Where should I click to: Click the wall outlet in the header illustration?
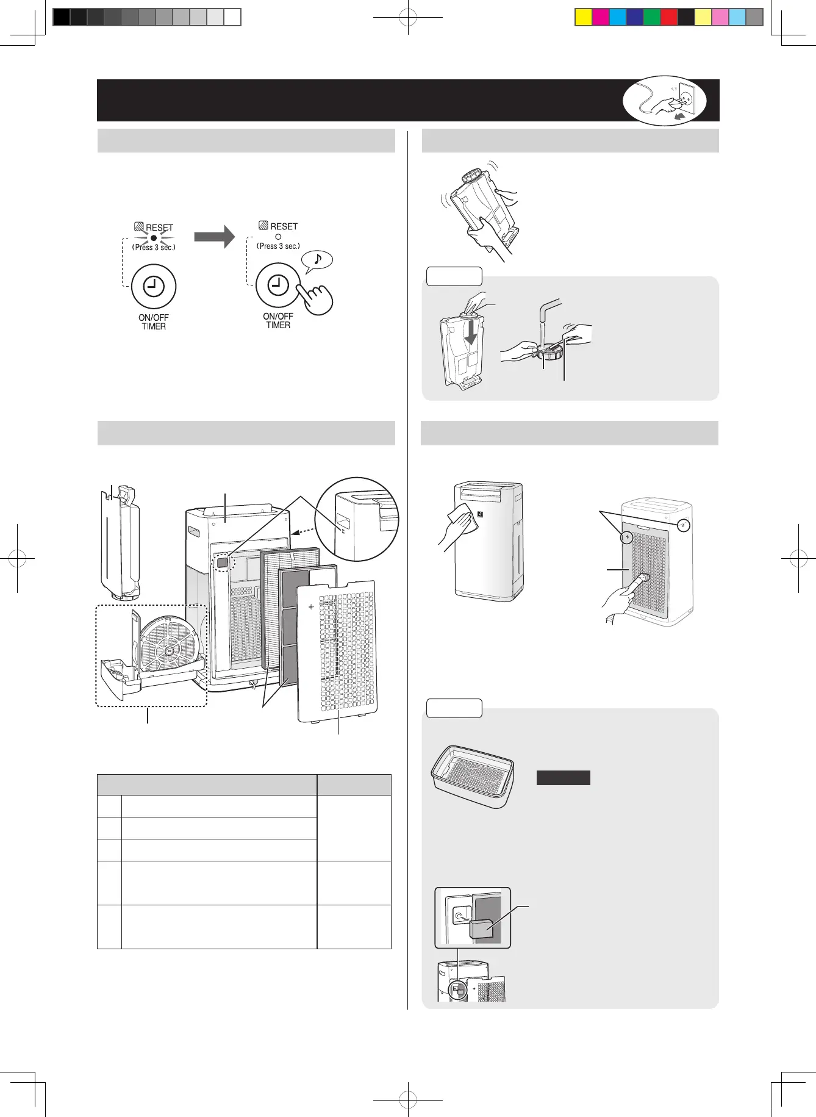coord(687,96)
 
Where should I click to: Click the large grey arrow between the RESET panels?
coord(214,236)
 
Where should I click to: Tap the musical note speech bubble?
coord(318,260)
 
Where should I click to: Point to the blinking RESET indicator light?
coord(154,237)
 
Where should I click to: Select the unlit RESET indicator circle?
coord(278,236)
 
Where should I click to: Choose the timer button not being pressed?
coord(154,286)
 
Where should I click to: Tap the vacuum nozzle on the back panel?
coord(640,580)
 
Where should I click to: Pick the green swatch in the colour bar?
coord(652,17)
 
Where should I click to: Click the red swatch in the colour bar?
coord(669,17)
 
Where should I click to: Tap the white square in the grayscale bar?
coord(232,17)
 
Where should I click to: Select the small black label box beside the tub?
coord(563,777)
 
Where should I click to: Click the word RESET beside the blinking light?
coord(160,228)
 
